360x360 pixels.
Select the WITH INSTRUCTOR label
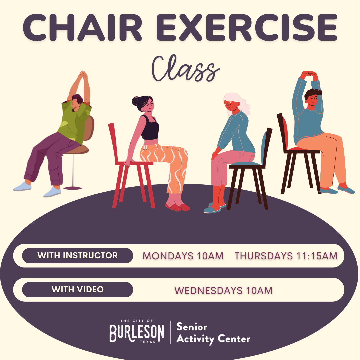click(78, 256)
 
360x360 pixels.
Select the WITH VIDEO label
click(78, 289)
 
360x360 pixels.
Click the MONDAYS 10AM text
click(183, 256)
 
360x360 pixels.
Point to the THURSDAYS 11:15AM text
click(286, 256)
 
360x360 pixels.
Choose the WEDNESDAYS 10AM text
click(223, 290)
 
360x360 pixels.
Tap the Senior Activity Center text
click(213, 333)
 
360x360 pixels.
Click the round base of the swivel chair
click(73, 188)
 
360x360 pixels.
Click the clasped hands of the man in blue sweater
click(309, 74)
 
